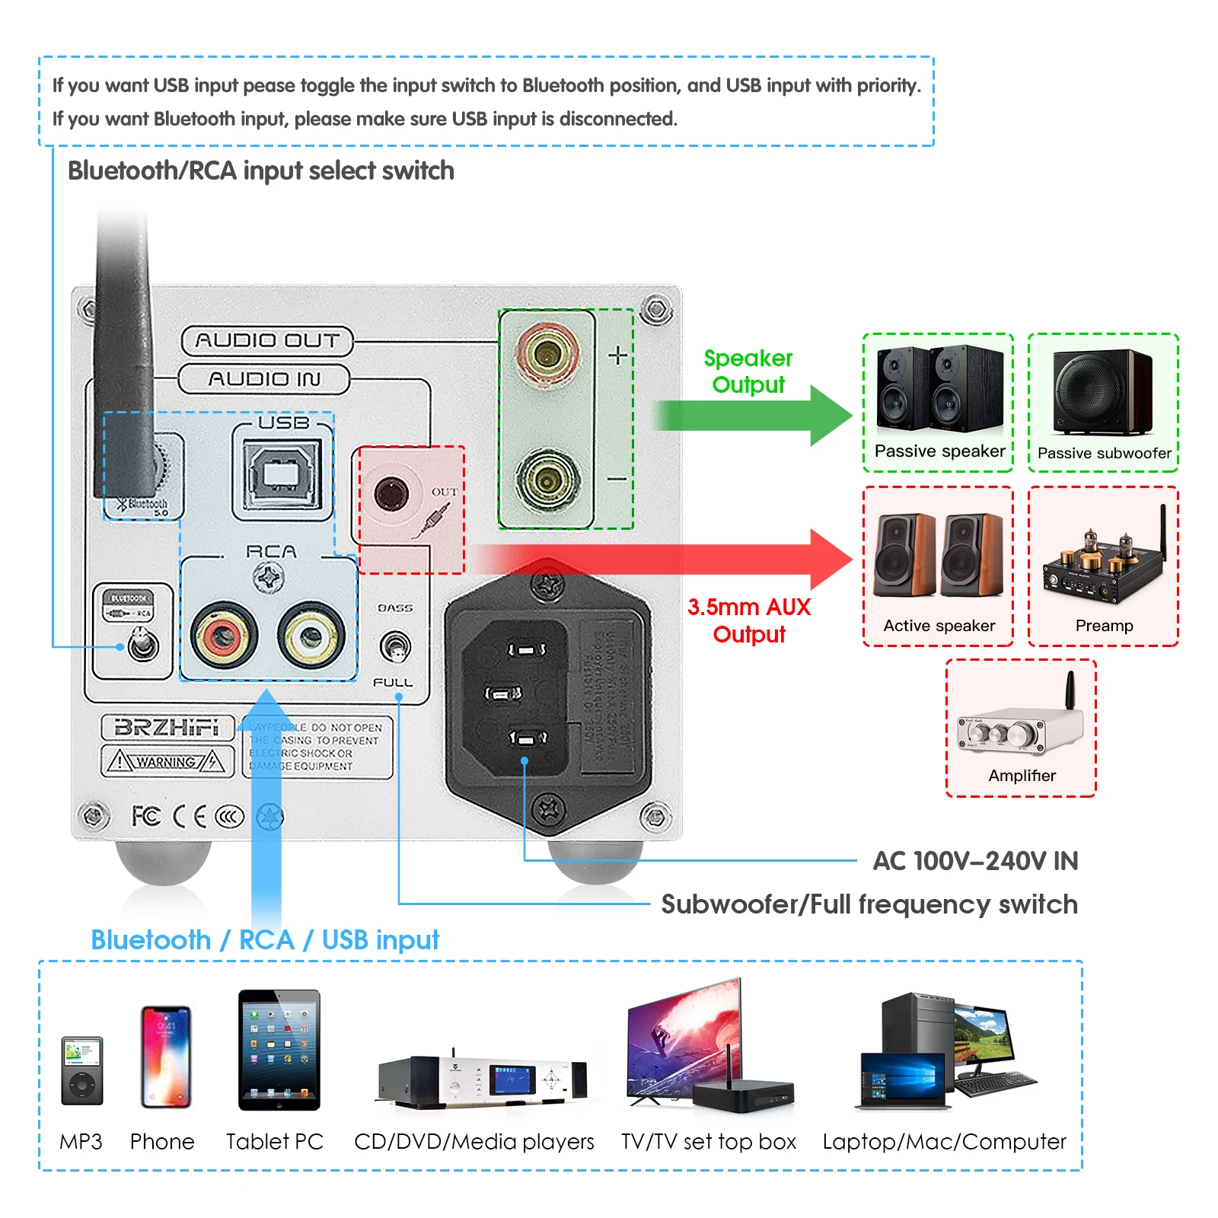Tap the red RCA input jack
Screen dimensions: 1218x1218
click(224, 636)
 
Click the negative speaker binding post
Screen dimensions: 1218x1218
click(547, 480)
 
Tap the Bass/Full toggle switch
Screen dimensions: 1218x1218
click(395, 647)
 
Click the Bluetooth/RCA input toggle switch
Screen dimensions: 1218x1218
click(142, 645)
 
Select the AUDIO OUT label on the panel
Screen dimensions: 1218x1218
click(267, 340)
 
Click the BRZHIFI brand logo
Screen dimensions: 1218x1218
click(167, 727)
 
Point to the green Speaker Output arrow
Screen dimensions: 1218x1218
click(754, 416)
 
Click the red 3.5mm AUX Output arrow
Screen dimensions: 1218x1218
click(662, 560)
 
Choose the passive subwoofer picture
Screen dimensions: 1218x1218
click(1102, 391)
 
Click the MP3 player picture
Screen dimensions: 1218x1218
click(81, 1070)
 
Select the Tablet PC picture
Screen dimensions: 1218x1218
click(279, 1050)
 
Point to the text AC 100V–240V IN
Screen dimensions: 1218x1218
click(975, 861)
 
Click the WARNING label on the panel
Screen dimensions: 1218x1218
click(167, 761)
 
